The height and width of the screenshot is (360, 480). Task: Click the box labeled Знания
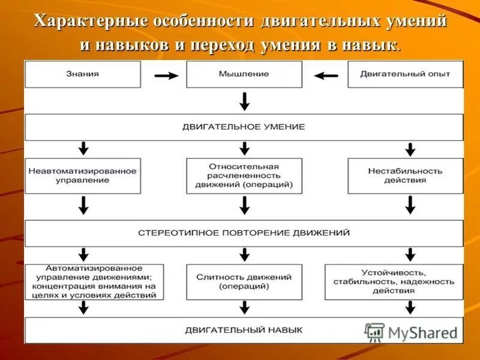83,74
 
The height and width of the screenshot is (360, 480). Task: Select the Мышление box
244,74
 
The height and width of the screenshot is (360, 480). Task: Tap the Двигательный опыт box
405,74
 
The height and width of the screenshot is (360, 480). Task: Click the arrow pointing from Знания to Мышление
166,76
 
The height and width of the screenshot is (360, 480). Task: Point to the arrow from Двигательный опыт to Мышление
326,76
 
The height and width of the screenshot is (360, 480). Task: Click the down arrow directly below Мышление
244,101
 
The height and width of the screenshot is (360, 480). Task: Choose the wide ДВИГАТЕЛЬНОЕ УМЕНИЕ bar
244,127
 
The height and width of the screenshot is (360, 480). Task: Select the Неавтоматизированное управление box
83,176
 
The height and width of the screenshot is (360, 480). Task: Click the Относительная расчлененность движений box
244,176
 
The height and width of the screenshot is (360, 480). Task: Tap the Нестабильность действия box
405,176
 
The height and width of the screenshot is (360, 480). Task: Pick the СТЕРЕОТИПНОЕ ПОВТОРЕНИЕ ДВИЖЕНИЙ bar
244,233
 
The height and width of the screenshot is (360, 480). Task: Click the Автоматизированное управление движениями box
83,281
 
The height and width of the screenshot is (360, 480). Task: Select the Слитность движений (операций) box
244,281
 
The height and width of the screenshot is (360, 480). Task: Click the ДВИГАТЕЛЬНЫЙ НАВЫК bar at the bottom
244,330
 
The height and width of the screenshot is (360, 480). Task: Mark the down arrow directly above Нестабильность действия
410,149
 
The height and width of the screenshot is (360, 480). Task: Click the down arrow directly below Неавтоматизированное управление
83,206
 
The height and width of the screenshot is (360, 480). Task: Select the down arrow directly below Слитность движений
244,307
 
